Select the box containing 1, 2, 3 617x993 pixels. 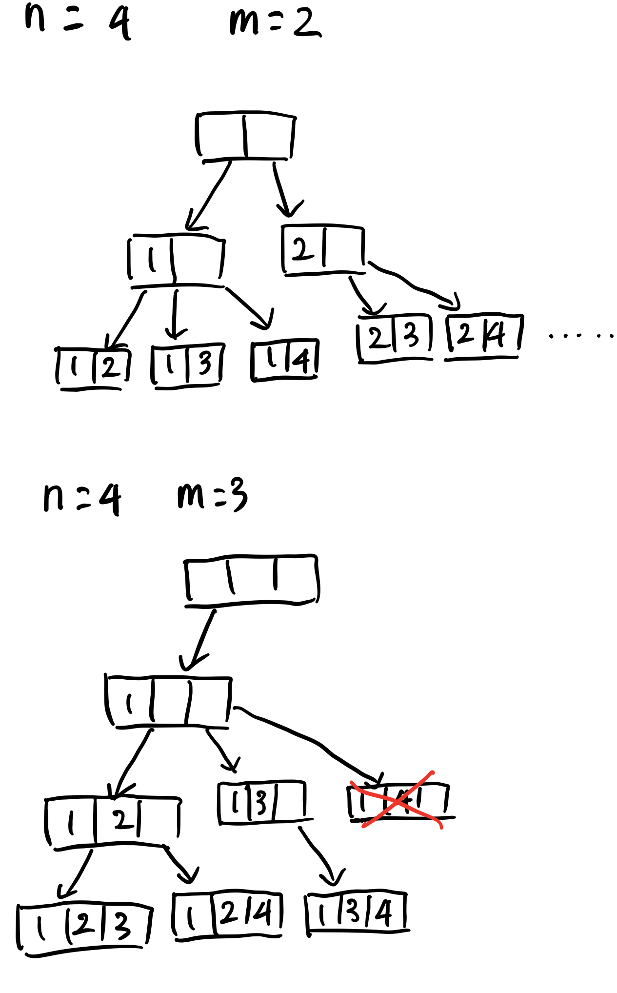click(84, 926)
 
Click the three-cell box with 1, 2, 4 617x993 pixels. click(228, 914)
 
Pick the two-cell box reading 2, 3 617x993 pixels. click(395, 337)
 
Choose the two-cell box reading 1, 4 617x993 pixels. click(285, 360)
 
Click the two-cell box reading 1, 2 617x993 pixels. click(93, 367)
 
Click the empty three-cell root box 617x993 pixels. click(252, 580)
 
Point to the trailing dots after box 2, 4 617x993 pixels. click(580, 336)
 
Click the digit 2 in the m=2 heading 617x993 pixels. click(307, 23)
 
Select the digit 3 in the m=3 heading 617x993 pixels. click(239, 495)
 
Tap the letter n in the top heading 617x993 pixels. click(35, 17)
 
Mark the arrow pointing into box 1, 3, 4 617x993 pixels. click(319, 854)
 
